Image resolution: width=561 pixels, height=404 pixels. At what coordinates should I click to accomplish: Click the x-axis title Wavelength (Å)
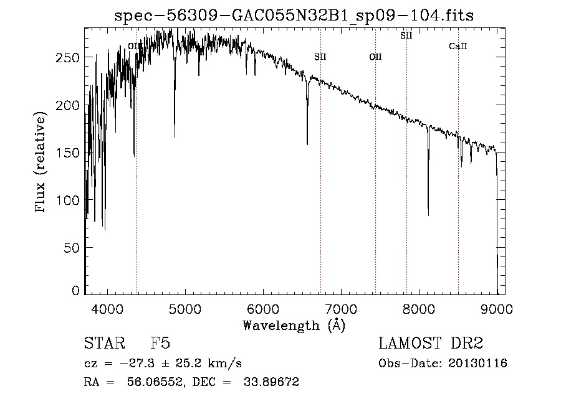294,325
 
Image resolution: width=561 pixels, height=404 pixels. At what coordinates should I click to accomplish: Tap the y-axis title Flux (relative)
42,163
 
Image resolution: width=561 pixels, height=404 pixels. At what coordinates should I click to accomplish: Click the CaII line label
458,47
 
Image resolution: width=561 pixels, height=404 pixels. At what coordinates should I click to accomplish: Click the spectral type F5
160,344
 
